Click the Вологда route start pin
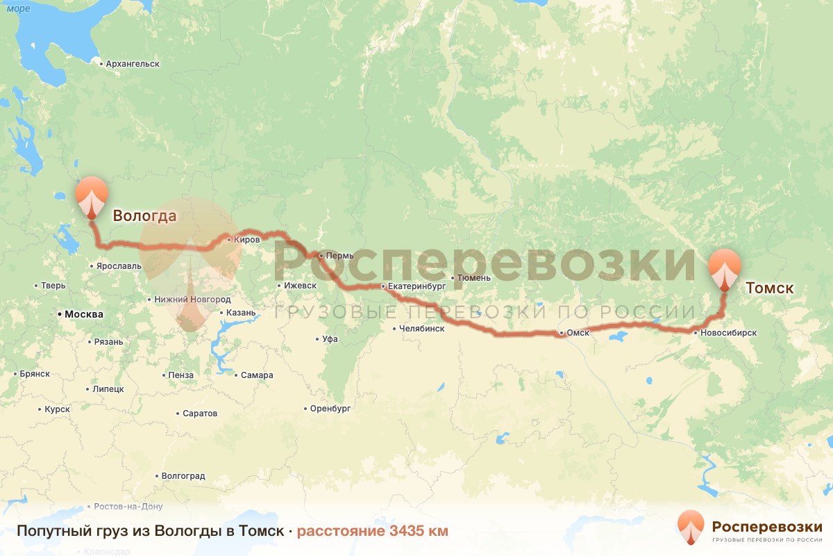coord(92,197)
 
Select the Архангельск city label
coord(133,64)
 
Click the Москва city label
coord(83,314)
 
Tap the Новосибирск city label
coord(728,333)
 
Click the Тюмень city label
coord(475,278)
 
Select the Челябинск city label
coord(421,329)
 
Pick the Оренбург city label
coord(330,408)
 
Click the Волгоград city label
coord(183,476)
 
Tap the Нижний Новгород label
coord(192,299)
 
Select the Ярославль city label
coord(119,265)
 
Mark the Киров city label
coord(247,239)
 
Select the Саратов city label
coord(200,413)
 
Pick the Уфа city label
coord(330,339)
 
